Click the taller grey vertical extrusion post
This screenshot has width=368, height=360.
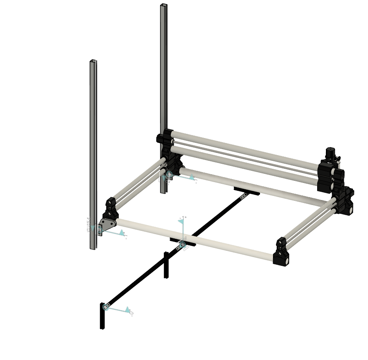163,83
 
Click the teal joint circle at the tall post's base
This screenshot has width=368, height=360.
169,175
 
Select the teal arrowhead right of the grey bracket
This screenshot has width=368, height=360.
121,232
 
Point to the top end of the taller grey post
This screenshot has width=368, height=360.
163,5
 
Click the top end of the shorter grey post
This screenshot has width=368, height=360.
93,62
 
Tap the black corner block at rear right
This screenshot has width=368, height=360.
344,200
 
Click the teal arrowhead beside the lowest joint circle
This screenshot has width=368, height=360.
127,309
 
